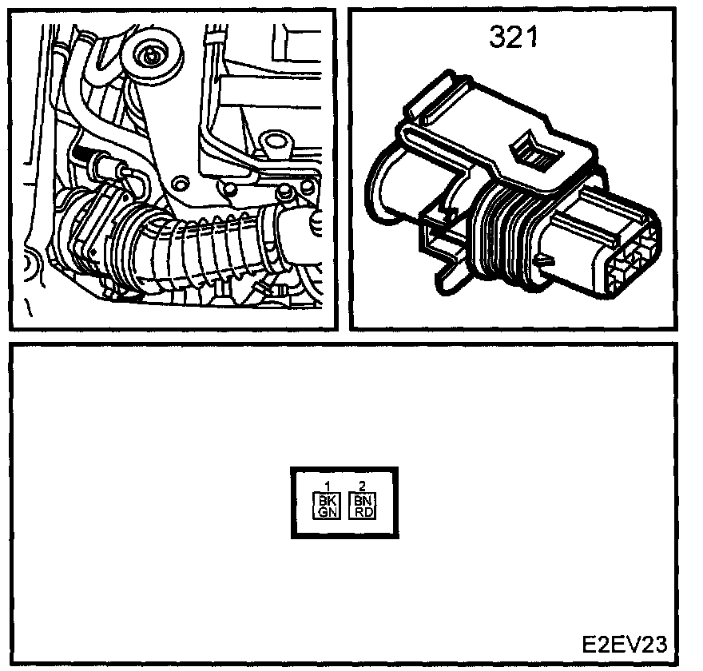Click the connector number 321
point(514,38)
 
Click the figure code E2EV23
point(623,645)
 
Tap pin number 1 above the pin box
point(328,486)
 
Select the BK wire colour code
point(328,499)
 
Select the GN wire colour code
point(328,512)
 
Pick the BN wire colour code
point(362,499)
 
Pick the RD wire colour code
point(362,512)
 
